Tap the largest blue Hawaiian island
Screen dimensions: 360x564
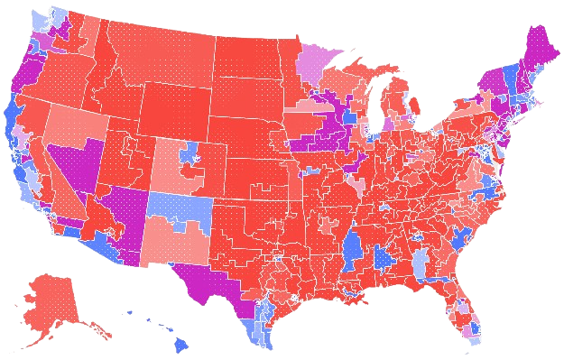180,343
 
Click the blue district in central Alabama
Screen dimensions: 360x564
384,263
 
